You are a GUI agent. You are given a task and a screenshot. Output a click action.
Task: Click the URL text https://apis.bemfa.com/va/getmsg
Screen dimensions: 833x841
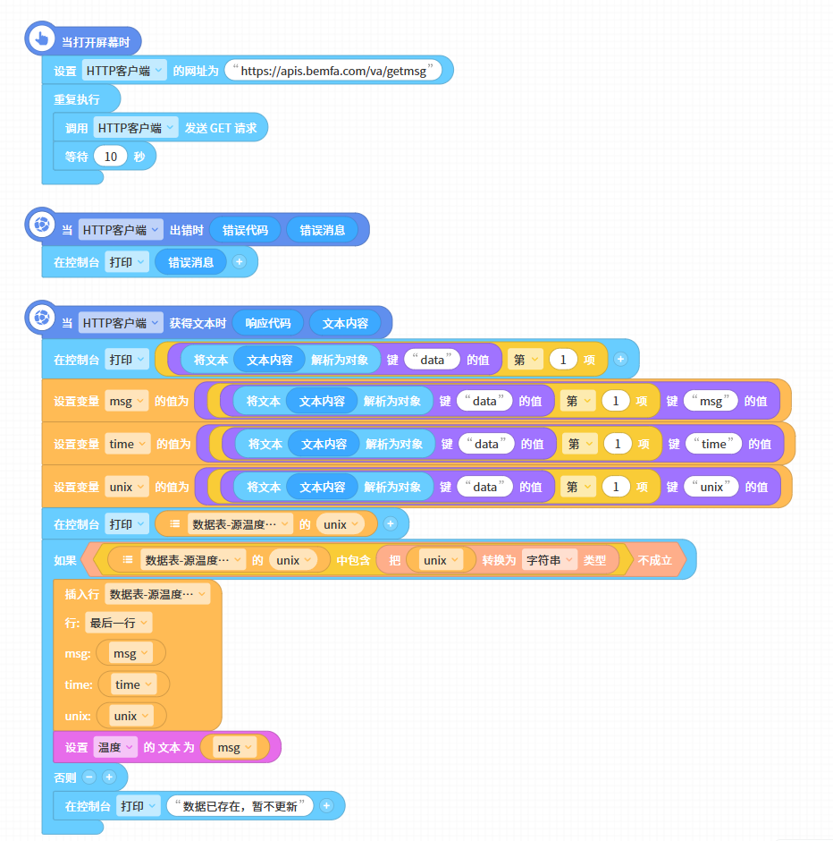[333, 71]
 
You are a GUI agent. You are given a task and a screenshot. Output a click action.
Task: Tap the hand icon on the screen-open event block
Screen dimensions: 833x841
[41, 38]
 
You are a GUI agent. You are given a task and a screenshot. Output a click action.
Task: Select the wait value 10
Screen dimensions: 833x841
[110, 157]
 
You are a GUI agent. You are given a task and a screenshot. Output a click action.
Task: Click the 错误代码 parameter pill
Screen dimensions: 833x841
[245, 230]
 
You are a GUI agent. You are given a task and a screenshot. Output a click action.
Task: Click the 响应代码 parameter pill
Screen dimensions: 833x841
[268, 323]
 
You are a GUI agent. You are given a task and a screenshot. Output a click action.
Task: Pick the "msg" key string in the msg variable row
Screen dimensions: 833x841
[711, 401]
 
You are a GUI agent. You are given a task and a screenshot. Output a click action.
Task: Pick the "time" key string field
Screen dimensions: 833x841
[713, 444]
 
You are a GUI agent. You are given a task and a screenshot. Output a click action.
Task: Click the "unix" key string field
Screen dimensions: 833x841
[711, 487]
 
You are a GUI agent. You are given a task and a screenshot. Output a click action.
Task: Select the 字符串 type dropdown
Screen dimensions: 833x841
[550, 560]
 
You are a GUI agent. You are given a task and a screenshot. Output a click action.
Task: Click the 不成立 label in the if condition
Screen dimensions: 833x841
[654, 560]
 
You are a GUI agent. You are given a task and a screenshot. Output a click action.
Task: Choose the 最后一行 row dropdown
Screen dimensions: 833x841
[118, 623]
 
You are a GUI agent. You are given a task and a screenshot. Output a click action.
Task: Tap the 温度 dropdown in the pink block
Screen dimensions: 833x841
[115, 747]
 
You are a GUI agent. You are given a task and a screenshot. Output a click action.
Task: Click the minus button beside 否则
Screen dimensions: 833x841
[89, 777]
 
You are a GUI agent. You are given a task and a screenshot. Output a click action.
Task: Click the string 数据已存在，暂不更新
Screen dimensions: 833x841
[240, 806]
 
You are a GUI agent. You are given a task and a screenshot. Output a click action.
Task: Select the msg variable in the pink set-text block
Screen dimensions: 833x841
[234, 747]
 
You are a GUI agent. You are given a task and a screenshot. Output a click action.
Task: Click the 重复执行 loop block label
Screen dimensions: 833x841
[77, 99]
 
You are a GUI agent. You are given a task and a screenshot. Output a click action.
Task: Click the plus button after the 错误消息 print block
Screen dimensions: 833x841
[240, 262]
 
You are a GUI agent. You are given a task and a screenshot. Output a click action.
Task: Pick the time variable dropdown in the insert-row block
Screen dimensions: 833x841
[133, 685]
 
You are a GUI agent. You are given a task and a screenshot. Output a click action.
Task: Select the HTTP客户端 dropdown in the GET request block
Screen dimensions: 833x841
[136, 128]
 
